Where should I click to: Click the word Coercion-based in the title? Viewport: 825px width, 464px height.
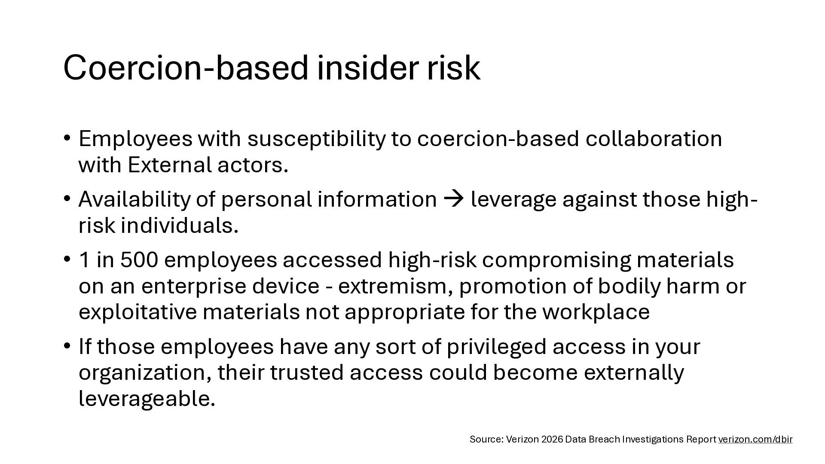186,67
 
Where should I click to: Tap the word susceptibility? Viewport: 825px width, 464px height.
316,140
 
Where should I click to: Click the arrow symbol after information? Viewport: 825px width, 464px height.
454,199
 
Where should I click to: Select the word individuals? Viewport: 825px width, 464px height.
180,226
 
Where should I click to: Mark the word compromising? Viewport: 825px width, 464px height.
556,261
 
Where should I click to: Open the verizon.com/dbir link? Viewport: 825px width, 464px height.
755,440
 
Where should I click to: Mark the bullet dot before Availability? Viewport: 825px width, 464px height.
67,198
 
